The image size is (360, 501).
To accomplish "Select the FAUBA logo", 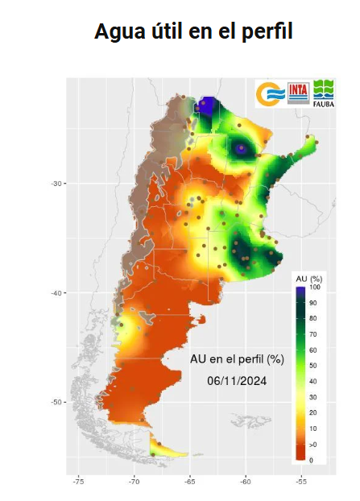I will (325, 93).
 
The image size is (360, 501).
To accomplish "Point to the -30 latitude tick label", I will (56, 184).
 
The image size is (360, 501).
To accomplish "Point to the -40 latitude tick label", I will (56, 292).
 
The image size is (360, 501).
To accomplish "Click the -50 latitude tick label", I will (56, 402).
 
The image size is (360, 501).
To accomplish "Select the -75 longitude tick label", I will (78, 482).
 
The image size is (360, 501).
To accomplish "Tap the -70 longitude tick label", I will (134, 482).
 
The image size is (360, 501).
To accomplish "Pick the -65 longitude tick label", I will (189, 482).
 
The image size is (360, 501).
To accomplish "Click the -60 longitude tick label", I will (245, 482).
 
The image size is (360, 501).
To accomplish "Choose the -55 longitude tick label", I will (301, 482).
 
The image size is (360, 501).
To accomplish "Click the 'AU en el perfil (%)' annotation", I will (237, 358).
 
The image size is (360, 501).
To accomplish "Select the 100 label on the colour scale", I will (316, 288).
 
